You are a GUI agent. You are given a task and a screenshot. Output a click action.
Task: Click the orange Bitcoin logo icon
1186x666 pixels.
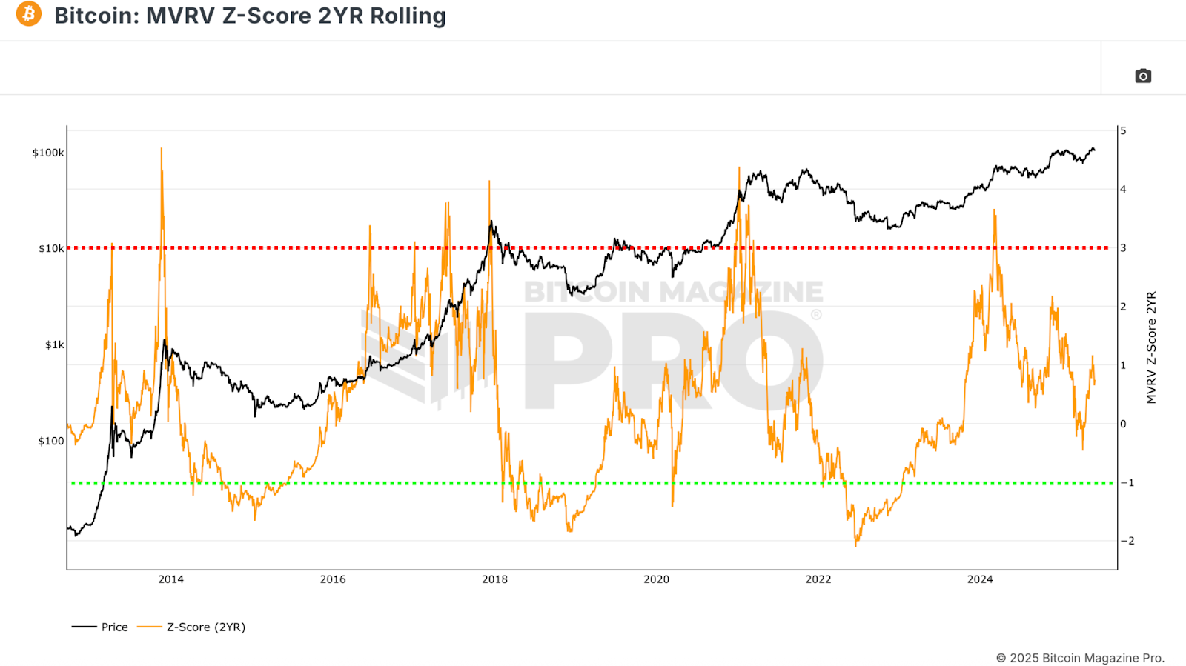(x=29, y=14)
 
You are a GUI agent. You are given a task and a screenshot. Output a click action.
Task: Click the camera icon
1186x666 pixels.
(x=1143, y=76)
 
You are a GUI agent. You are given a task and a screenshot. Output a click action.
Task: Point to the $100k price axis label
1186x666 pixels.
(x=48, y=153)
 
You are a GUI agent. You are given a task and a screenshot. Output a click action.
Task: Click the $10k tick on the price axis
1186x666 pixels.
(x=51, y=248)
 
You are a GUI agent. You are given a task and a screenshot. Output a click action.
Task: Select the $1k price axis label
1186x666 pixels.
(x=54, y=344)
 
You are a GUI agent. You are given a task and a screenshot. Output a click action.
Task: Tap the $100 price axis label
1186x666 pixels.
(x=51, y=441)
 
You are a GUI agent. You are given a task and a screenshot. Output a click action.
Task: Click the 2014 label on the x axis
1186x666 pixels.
(x=170, y=579)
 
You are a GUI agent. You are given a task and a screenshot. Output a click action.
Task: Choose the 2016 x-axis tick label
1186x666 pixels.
(x=333, y=579)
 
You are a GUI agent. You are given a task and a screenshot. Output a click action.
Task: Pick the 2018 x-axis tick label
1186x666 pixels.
(x=494, y=579)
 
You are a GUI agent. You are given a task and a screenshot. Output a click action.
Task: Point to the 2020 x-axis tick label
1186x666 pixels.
(x=656, y=579)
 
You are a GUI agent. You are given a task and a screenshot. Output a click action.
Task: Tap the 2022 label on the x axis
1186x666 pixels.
(x=818, y=579)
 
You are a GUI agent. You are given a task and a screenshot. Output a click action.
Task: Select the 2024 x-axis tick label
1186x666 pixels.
(x=980, y=579)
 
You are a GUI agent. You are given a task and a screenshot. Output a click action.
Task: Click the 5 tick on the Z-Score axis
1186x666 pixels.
(x=1124, y=131)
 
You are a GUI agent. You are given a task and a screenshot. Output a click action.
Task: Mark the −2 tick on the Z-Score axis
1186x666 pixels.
(x=1127, y=541)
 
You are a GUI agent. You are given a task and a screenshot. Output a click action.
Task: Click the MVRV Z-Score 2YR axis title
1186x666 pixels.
(x=1151, y=347)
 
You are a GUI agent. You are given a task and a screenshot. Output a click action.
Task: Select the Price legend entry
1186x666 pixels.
(x=114, y=627)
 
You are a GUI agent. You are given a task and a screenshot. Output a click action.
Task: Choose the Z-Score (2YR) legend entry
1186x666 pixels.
(x=205, y=627)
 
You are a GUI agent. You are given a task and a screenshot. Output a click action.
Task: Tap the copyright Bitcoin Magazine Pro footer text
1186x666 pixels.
(x=1080, y=658)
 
